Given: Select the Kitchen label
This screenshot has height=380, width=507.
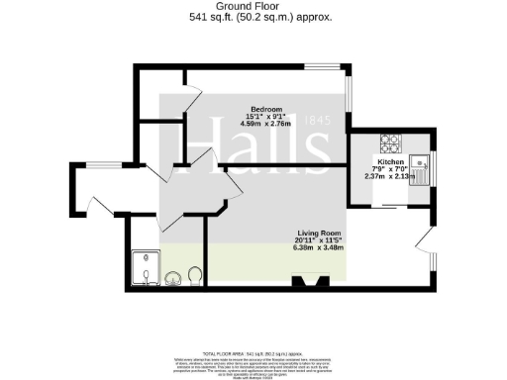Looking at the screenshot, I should [389, 161].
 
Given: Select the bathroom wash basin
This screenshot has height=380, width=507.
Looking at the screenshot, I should [174, 278].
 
